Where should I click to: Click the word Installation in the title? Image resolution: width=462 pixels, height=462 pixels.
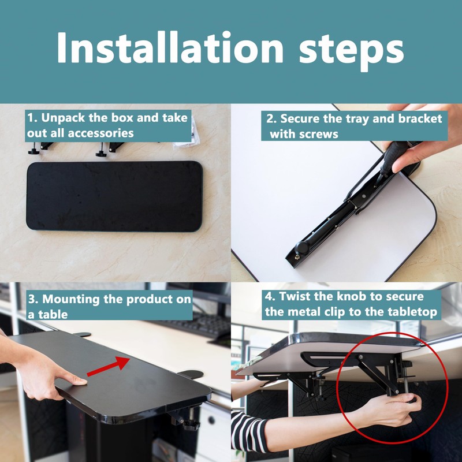[170, 47]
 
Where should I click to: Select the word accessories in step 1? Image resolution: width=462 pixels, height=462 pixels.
[100, 133]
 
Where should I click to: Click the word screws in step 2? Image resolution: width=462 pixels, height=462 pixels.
[319, 134]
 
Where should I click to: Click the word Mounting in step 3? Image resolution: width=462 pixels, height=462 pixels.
[70, 299]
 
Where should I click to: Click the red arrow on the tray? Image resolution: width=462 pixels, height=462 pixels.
[108, 366]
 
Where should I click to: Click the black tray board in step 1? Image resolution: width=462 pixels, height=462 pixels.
[114, 196]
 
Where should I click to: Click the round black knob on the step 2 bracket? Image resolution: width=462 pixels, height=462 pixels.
[303, 247]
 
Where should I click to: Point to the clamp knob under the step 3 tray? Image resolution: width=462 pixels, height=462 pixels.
[191, 424]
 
